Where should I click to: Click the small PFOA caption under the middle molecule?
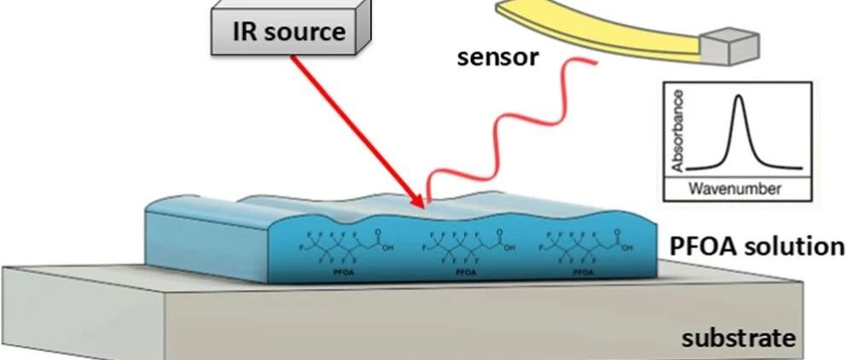point(466,272)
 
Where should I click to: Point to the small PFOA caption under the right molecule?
point(583,272)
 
